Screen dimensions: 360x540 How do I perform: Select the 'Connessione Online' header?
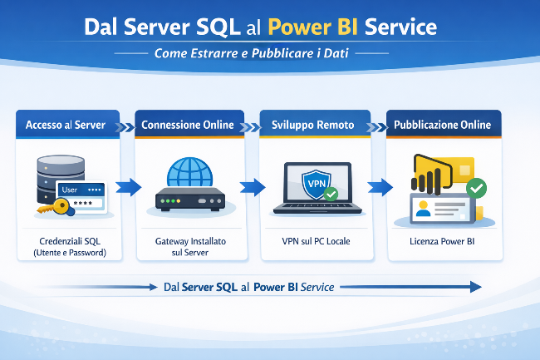coord(188,125)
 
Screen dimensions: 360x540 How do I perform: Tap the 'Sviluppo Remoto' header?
coord(312,125)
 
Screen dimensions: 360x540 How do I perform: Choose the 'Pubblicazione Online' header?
coord(443,125)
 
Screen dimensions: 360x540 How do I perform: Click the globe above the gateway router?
coord(190,171)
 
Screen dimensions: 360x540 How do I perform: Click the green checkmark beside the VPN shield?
coord(331,195)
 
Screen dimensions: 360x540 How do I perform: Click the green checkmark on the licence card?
coord(476,189)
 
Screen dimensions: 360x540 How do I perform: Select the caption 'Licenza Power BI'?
coord(444,241)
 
